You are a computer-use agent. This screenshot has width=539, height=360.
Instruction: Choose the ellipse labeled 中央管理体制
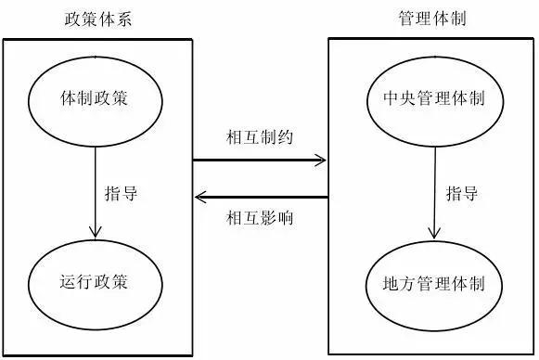coord(432,97)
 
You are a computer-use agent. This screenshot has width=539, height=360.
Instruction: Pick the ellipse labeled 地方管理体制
coord(432,282)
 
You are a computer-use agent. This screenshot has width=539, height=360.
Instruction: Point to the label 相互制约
coord(259,136)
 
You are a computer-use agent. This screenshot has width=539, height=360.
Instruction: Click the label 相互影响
coord(259,219)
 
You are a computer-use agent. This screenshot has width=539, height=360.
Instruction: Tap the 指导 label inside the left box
coord(122,194)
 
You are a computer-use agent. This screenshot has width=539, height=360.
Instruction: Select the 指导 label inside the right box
coord(461,194)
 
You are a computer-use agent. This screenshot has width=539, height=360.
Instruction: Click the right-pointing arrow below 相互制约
coord(259,161)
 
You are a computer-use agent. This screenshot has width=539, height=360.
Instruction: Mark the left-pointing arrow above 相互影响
coord(259,197)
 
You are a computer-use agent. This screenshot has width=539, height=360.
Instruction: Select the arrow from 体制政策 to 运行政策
coord(95,186)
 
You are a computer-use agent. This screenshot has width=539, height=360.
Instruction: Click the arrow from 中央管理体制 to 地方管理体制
coord(433,186)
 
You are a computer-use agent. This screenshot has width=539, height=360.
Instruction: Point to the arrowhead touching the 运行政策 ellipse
coord(95,232)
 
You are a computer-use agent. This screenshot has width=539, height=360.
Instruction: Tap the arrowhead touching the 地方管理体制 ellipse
coord(433,233)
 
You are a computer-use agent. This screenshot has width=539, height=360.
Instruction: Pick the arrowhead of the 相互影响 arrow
coord(199,197)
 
